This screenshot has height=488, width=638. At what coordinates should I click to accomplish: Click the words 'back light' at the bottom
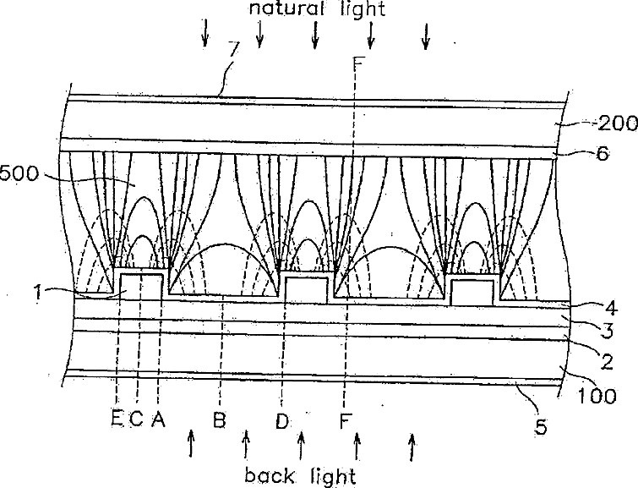301,474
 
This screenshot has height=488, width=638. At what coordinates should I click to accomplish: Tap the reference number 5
541,427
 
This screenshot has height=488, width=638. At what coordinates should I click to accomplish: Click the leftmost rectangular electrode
141,286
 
